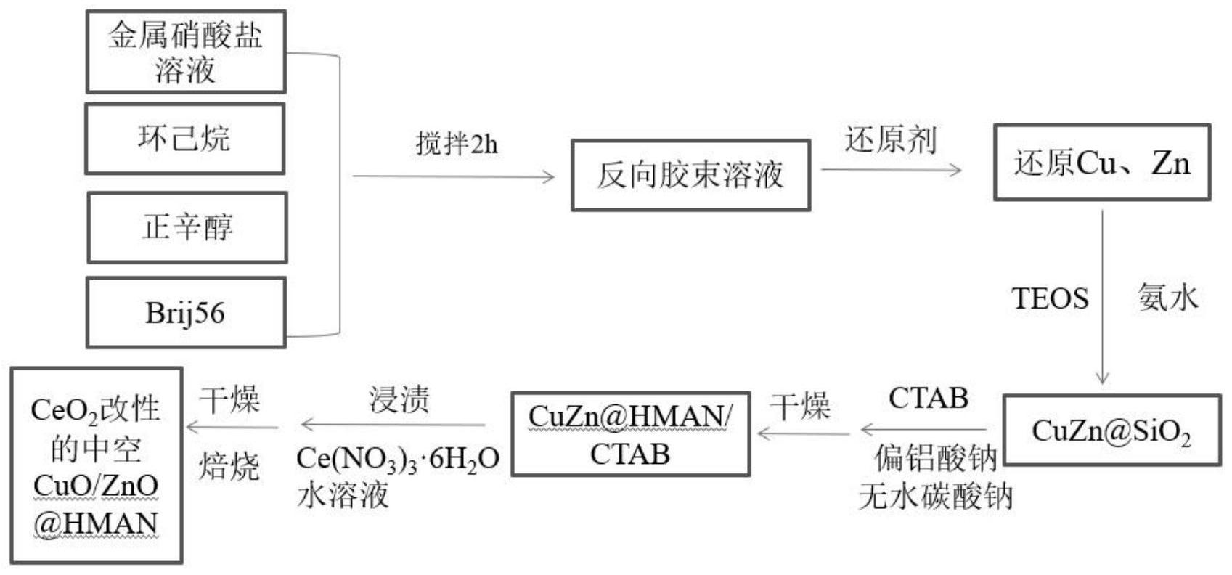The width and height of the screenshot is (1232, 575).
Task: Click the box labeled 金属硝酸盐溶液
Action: (186, 52)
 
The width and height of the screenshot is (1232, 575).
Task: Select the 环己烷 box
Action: (184, 139)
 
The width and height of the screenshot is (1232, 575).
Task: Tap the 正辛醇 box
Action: (187, 227)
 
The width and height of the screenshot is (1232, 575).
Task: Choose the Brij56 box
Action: (186, 312)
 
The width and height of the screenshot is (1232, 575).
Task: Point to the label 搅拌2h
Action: (457, 144)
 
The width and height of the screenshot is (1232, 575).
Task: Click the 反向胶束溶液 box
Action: (690, 175)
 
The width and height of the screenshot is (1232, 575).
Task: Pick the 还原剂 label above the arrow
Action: (890, 139)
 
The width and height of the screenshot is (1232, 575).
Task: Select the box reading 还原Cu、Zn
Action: (1101, 163)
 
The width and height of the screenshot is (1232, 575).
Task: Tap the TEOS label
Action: (1050, 298)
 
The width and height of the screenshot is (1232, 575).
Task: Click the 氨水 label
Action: (1167, 298)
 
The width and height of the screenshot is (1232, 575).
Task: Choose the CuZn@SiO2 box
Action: (1111, 431)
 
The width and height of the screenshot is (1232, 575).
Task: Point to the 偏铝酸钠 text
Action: (935, 458)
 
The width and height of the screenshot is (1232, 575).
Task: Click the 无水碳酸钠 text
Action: (935, 497)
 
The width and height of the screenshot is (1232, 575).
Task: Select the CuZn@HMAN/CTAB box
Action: (630, 434)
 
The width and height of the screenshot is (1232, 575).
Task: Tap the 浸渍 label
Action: (399, 399)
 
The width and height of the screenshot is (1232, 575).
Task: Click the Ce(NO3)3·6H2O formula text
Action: (398, 459)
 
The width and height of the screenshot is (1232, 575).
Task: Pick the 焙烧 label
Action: (229, 466)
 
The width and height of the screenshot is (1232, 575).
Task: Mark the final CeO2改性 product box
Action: (96, 465)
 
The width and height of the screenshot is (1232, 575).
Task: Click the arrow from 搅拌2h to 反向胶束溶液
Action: (453, 176)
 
